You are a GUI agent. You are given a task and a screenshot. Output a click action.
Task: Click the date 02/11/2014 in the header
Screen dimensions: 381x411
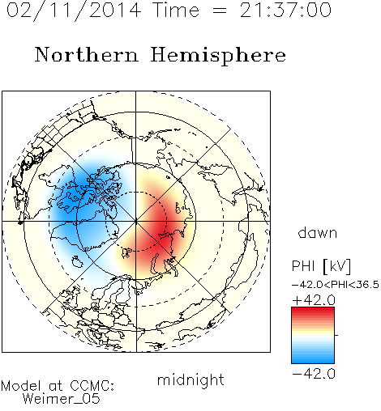pos(74,11)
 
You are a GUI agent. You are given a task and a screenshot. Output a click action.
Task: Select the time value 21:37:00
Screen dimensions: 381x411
pos(285,10)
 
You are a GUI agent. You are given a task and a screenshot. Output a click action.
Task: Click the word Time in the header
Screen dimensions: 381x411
pos(176,10)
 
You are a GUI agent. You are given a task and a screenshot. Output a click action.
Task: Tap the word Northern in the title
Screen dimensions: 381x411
pos(87,54)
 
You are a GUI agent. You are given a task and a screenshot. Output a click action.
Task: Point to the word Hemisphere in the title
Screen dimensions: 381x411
pos(218,56)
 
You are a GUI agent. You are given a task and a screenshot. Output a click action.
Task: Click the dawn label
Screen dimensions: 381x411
pos(318,232)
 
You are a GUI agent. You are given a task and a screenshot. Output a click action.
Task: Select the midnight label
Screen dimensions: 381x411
pos(190,379)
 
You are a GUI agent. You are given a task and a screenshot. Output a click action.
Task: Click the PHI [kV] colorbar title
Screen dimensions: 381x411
pos(321,266)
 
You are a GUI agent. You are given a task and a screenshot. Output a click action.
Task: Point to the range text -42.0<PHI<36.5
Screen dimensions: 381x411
pos(336,285)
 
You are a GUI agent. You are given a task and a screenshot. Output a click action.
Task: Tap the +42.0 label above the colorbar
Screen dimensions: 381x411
pos(314,300)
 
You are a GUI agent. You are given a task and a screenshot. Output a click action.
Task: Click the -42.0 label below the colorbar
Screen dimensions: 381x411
pos(314,374)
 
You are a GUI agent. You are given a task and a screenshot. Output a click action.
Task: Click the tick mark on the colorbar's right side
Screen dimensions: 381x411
pos(336,335)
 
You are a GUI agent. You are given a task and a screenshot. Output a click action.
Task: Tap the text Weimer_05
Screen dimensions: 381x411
pos(62,399)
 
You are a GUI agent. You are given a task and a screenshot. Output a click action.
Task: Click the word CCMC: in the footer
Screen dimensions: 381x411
pos(92,386)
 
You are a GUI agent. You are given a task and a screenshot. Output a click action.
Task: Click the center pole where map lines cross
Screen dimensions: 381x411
pos(136,222)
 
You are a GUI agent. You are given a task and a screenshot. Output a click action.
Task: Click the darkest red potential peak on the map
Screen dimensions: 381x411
pos(161,230)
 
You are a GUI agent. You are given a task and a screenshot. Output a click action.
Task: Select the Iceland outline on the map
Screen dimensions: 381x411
pos(77,261)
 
